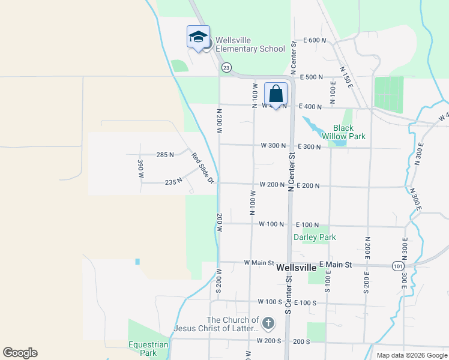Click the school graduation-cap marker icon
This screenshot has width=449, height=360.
[x=198, y=38]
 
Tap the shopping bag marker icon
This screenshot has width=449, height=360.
[x=276, y=94]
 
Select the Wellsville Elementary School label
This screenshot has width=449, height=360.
[x=250, y=44]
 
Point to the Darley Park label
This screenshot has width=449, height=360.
[x=315, y=237]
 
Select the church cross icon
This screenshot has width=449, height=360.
[x=268, y=324]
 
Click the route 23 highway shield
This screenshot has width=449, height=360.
[x=226, y=67]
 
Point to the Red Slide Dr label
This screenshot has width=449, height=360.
[x=203, y=169]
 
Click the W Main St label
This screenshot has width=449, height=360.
[x=259, y=263]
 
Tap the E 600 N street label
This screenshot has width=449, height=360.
[x=315, y=40]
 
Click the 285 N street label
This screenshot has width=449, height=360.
[x=164, y=154]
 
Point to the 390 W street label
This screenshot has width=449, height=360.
[x=140, y=169]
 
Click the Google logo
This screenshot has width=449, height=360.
[x=20, y=353]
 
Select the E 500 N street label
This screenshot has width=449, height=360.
[x=310, y=77]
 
